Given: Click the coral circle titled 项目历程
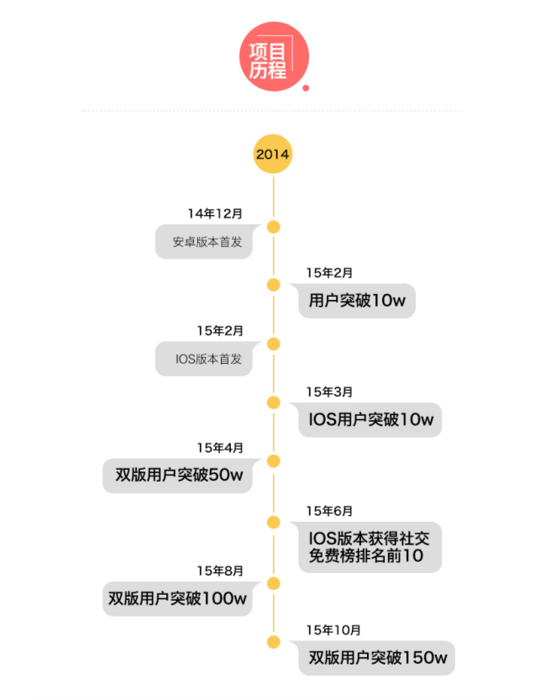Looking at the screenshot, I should [273, 55].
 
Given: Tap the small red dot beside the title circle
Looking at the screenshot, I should [306, 87].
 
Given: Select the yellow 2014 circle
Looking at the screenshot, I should [273, 154].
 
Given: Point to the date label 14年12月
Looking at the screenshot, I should [215, 213].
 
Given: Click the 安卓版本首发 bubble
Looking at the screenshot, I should [203, 242].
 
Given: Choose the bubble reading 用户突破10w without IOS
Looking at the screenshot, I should [357, 301].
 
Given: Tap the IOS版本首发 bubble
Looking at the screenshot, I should [203, 359].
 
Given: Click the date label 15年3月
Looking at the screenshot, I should [329, 392].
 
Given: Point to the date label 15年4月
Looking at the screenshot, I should [220, 448].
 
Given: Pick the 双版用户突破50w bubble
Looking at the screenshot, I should [178, 476].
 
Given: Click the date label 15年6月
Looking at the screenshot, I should [329, 511].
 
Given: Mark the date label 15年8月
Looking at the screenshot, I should [220, 571].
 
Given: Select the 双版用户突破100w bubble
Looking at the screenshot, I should [177, 598].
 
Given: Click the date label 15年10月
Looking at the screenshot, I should [333, 629].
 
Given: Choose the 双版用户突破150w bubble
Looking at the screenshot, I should [376, 658].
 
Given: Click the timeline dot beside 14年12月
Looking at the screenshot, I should [273, 227].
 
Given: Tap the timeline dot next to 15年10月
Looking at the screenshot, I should [273, 642].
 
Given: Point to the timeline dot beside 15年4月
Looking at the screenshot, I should [273, 461].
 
